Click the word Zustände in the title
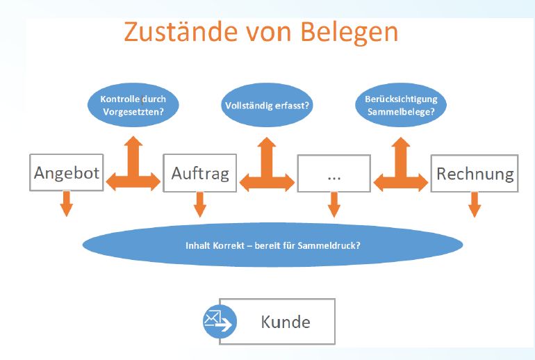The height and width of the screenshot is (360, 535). [x=181, y=32]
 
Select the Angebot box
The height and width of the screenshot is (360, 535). [x=67, y=172]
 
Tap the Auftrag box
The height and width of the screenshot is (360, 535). [x=200, y=173]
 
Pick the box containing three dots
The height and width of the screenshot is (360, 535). [x=334, y=173]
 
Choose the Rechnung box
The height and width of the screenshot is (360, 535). [x=475, y=173]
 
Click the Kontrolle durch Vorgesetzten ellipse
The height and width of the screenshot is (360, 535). [x=133, y=105]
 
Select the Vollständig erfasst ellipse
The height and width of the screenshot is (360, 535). [x=267, y=105]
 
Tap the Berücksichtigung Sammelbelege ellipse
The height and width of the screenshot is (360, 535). [x=401, y=105]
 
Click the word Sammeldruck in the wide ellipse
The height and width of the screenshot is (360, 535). [x=329, y=246]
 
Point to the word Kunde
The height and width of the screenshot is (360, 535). [x=286, y=322]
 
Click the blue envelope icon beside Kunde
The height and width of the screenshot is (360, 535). [x=220, y=322]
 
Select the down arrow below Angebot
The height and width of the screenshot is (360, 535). [x=67, y=204]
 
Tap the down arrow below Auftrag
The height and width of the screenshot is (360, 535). [x=200, y=204]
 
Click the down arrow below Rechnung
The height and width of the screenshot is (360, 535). [x=475, y=204]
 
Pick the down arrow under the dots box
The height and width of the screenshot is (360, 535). [x=334, y=204]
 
